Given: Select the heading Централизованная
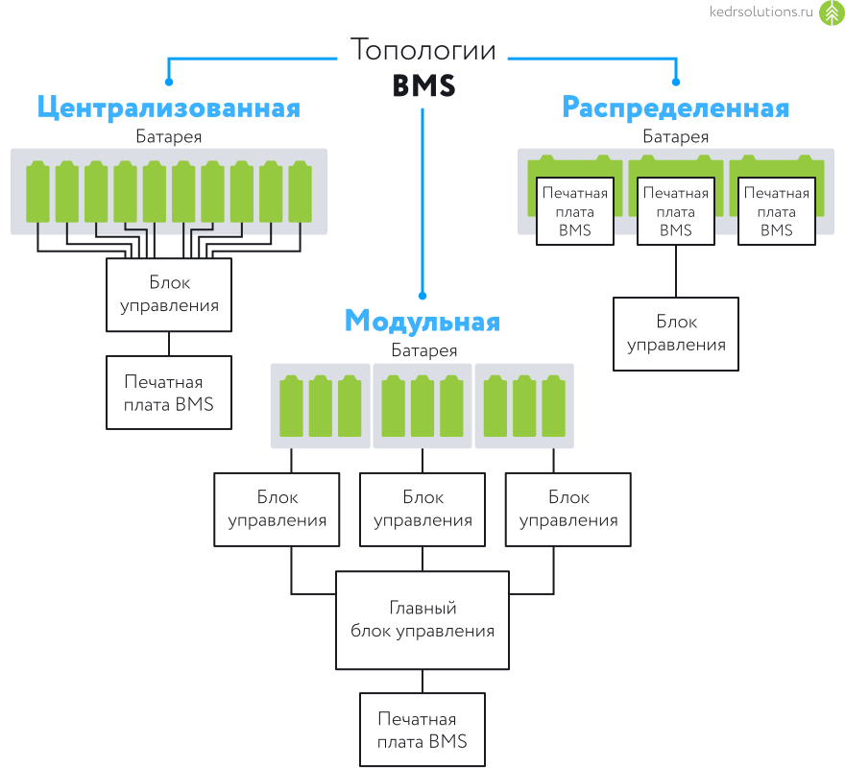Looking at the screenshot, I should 169,107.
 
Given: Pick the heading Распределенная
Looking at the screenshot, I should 676,107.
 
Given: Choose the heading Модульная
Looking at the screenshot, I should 422,320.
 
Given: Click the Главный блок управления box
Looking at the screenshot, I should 422,620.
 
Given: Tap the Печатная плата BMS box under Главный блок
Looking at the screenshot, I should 422,730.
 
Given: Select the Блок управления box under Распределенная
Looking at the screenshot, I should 676,333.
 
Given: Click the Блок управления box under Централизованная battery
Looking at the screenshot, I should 169,295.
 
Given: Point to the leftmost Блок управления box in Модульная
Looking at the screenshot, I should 277,510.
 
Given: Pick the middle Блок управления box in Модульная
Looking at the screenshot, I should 422,510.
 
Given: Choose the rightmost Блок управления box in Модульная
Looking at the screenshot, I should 568,510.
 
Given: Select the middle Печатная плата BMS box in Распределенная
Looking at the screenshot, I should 676,211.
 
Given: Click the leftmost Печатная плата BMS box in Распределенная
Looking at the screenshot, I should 575,211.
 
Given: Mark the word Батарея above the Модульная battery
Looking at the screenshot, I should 423,350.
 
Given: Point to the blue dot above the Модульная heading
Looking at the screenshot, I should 422,297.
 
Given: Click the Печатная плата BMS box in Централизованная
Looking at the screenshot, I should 169,393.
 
